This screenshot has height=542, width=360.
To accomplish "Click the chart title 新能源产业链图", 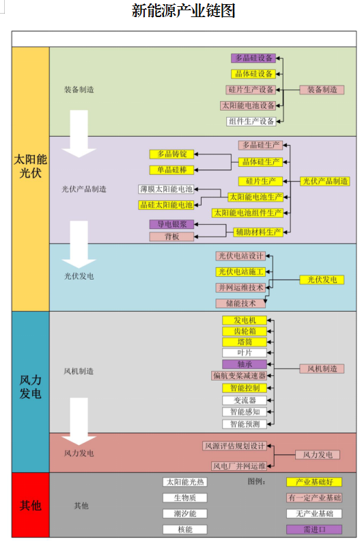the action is point(184,10).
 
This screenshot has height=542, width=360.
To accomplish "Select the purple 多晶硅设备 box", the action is point(253,58).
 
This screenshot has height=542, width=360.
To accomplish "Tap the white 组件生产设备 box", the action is point(251,122).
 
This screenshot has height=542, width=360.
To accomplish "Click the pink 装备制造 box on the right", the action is point(322,90).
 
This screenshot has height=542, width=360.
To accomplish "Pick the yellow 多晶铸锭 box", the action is point(171,154).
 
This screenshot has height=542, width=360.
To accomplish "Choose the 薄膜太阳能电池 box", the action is point(166,189).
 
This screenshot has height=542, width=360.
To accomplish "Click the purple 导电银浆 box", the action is point(171,224).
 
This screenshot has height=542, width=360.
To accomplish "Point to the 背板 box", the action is point(171,236).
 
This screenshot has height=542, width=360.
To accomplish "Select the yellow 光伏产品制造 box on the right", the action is point(324,182).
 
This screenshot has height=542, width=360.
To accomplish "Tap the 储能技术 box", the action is point(241,303).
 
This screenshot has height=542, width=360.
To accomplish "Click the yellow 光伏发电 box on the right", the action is point(322,280).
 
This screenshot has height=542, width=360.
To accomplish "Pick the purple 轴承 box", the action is point(245,364).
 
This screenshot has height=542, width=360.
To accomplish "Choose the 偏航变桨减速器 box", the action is point(239,376).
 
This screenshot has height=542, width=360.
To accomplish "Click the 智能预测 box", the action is point(245,424).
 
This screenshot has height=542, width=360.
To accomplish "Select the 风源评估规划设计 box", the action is point(234,446).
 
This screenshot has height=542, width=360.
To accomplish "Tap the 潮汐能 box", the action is point(185,514).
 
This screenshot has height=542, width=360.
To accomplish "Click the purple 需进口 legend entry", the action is point(314,530).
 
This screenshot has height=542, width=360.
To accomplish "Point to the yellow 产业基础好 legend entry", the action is point(314,483).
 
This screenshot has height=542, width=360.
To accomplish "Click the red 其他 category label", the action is point(31,506).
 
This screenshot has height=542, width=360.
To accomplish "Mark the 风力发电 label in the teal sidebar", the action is point(31,387).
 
